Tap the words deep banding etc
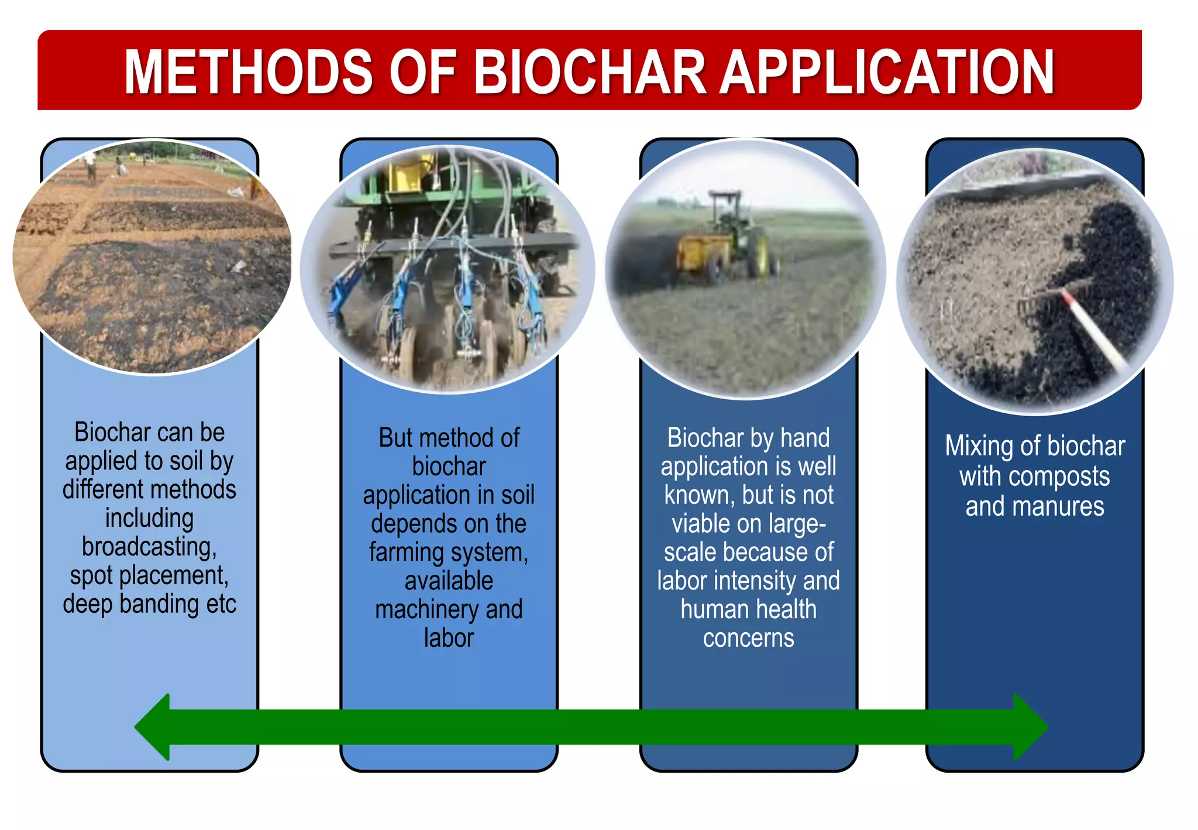[149, 604]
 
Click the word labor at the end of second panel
[449, 638]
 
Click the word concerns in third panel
[748, 638]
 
